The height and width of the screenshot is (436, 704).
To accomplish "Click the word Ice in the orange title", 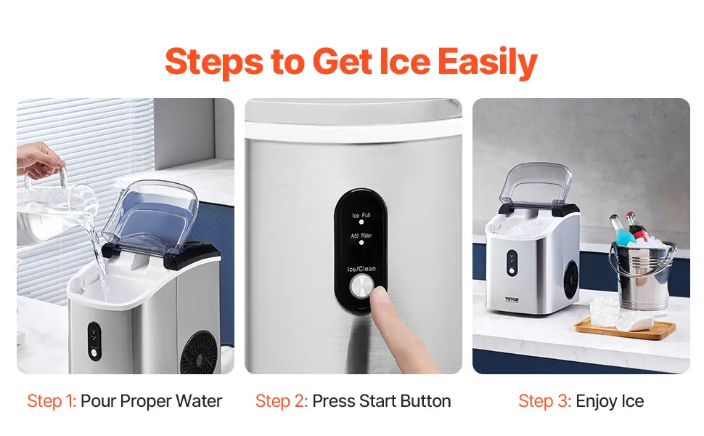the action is tap(404, 62).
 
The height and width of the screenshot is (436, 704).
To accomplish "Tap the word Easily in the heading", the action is tap(487, 62).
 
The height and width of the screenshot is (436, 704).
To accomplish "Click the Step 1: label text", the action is tap(52, 401).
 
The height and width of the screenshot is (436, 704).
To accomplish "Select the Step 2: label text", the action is tap(282, 401).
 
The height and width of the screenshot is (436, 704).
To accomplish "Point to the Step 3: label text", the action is tap(544, 401).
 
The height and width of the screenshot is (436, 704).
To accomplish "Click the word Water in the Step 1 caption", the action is tap(199, 401).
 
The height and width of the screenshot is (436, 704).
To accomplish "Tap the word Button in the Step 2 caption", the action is tap(425, 401).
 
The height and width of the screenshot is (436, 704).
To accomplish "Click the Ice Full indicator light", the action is tap(361, 222).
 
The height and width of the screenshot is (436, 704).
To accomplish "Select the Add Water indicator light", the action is tap(361, 243).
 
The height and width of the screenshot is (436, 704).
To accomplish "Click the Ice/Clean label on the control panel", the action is tap(361, 269).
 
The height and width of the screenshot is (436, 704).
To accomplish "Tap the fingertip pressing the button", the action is tap(380, 296).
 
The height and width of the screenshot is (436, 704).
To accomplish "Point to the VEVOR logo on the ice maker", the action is tap(512, 299).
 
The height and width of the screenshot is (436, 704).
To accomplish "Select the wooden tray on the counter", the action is tap(625, 328).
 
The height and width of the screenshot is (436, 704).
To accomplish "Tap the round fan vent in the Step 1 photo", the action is tap(199, 353).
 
